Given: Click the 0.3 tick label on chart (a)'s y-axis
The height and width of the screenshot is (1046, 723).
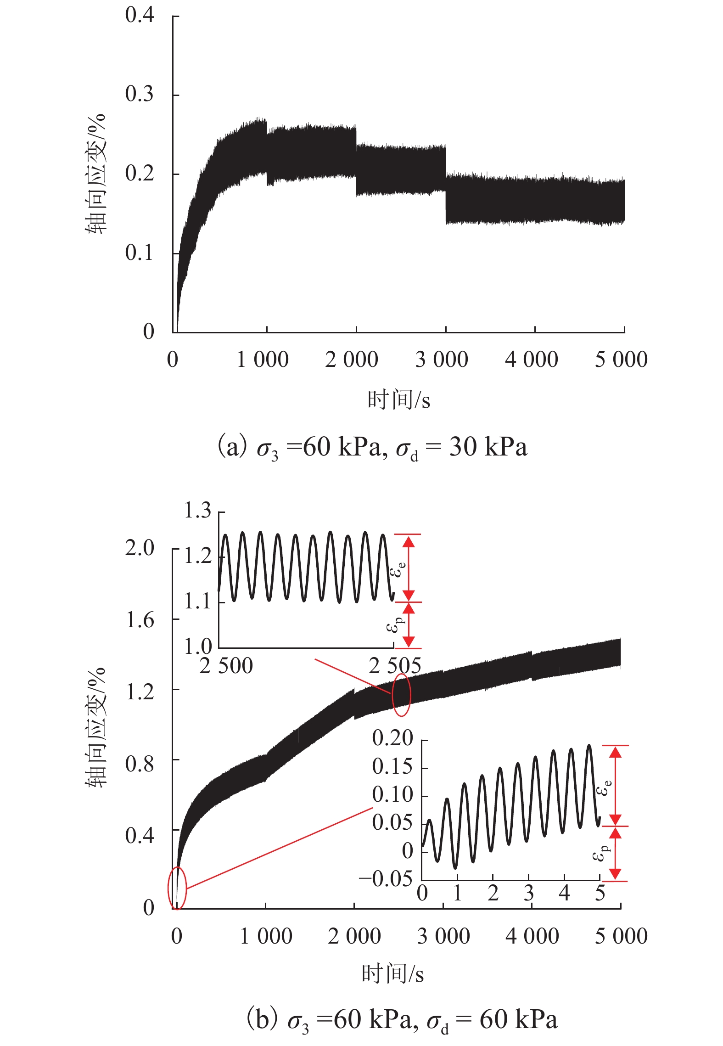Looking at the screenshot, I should point(139,94).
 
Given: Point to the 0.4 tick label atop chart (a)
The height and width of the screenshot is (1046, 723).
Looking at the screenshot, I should point(139,15).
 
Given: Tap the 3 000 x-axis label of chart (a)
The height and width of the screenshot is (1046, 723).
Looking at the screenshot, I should point(441,360).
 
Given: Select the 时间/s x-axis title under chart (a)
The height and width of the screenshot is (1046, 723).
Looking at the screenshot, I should point(398,399).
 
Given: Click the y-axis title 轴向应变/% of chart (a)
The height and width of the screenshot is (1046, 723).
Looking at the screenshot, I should point(95,174).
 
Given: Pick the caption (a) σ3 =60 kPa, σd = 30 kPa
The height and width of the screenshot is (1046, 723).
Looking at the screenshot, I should point(372,447).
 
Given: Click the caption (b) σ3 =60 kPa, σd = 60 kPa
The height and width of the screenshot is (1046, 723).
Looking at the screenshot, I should point(402,1020).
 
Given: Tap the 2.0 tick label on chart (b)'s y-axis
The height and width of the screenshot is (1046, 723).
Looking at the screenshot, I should point(139,548).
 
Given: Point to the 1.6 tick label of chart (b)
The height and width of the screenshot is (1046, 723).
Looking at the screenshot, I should point(139,620).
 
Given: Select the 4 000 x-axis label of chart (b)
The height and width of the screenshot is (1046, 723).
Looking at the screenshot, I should point(532,936).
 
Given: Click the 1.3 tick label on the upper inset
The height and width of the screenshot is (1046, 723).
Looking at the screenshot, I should point(197,511).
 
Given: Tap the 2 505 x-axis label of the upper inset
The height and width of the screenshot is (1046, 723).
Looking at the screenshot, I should point(395,666).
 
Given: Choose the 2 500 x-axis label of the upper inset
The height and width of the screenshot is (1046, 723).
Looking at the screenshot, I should point(226,666).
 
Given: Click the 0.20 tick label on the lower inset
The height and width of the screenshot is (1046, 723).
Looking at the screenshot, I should point(392,738).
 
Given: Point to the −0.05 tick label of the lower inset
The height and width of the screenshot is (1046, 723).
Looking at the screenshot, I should point(386,879).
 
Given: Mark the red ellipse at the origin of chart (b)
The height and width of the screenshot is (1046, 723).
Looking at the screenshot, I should point(177,888).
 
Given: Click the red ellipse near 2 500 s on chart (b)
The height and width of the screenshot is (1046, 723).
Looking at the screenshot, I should point(401,695).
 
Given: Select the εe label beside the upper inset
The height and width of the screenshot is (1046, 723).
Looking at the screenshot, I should point(398,569).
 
